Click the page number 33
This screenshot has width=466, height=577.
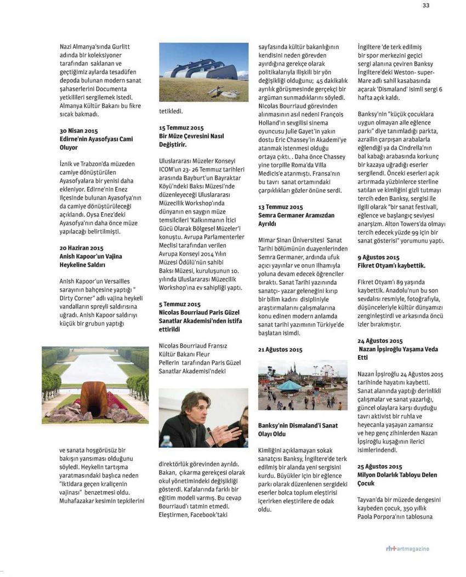pyautogui.click(x=425, y=5)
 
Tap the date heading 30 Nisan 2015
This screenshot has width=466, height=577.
pyautogui.click(x=78, y=132)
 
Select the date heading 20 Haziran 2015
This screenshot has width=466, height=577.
pyautogui.click(x=81, y=248)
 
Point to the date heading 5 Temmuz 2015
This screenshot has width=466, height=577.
pyautogui.click(x=179, y=304)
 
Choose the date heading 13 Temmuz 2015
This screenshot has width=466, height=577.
pyautogui.click(x=280, y=207)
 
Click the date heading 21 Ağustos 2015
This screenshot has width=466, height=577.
pyautogui.click(x=280, y=350)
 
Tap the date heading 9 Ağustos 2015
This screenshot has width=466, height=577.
pyautogui.click(x=378, y=257)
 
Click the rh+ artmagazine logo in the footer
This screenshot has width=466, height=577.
pyautogui.click(x=407, y=549)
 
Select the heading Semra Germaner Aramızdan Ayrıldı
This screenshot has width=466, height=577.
pyautogui.click(x=296, y=220)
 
